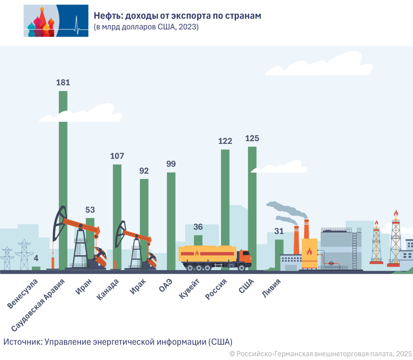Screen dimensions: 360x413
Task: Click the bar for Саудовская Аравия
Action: [x=63, y=161]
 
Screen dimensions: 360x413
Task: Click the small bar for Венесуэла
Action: [x=36, y=268]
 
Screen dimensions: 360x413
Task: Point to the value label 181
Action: [x=63, y=83]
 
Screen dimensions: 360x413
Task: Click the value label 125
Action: [x=252, y=139]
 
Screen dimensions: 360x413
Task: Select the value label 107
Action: [x=117, y=156]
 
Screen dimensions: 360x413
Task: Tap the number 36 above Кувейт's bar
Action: [x=198, y=227]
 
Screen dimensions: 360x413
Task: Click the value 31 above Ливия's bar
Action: [x=279, y=231]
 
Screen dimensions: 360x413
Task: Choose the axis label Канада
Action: [x=108, y=290]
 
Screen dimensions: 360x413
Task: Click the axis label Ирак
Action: [x=138, y=287]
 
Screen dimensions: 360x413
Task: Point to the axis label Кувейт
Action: [x=189, y=289]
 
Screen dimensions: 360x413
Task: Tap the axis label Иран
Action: [x=84, y=287]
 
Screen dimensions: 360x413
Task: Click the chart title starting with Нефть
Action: [x=177, y=16]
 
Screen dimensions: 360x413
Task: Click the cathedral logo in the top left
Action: [x=56, y=21]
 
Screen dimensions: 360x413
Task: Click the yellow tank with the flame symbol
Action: [x=309, y=253]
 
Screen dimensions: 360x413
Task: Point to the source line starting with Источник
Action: [x=118, y=342]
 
